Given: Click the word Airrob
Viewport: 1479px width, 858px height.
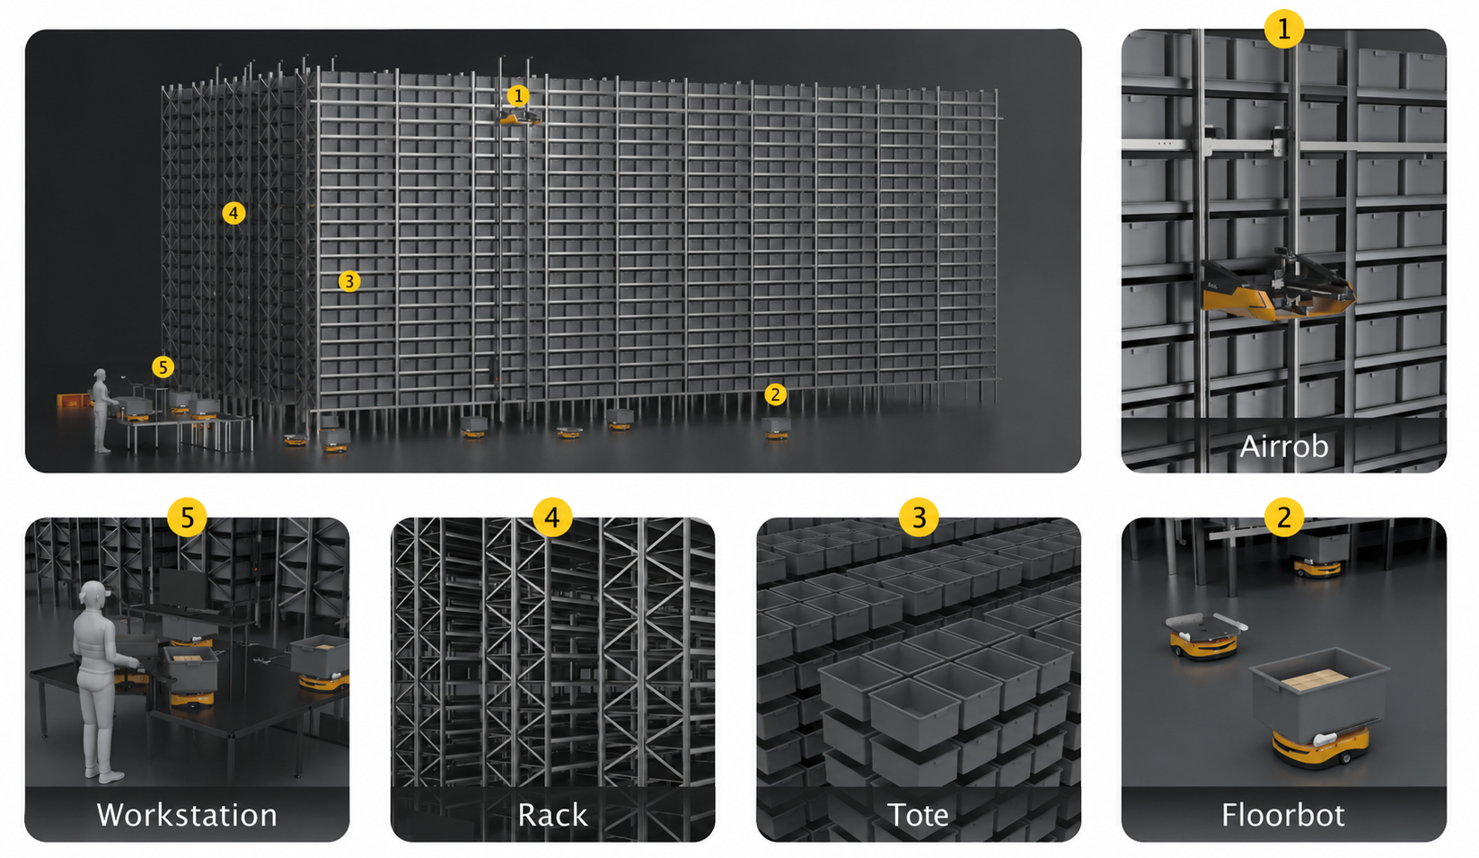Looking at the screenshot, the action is [x=1283, y=447].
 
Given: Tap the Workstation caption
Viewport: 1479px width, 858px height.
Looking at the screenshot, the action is [x=187, y=814].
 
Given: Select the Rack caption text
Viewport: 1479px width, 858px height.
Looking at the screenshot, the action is [x=552, y=814].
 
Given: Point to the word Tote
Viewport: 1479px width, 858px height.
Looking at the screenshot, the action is [x=918, y=814].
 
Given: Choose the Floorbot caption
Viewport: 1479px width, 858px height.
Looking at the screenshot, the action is [x=1283, y=814].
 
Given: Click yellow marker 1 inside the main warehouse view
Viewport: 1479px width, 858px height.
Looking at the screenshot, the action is [x=518, y=96].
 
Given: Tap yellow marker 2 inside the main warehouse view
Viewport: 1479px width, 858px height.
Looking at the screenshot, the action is [x=775, y=395].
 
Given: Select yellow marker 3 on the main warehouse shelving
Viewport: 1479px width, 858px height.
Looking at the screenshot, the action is [x=349, y=281].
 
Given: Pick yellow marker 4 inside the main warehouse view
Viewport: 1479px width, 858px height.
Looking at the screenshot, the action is [x=233, y=213].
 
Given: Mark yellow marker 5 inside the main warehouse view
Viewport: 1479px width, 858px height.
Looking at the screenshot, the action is [x=163, y=367].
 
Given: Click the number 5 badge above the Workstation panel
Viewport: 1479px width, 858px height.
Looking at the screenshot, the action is [x=187, y=517].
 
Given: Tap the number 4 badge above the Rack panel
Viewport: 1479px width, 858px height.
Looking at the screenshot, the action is [x=552, y=517].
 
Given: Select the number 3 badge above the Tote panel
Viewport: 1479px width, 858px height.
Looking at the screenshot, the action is [x=919, y=517].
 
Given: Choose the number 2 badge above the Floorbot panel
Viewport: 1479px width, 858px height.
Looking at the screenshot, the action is [x=1283, y=517].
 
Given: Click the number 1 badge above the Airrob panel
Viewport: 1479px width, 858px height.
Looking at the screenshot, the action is [x=1283, y=29].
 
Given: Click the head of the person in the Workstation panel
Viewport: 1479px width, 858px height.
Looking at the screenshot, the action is [x=92, y=595].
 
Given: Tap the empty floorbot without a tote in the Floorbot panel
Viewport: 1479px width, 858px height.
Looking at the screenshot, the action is [x=1203, y=635].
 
